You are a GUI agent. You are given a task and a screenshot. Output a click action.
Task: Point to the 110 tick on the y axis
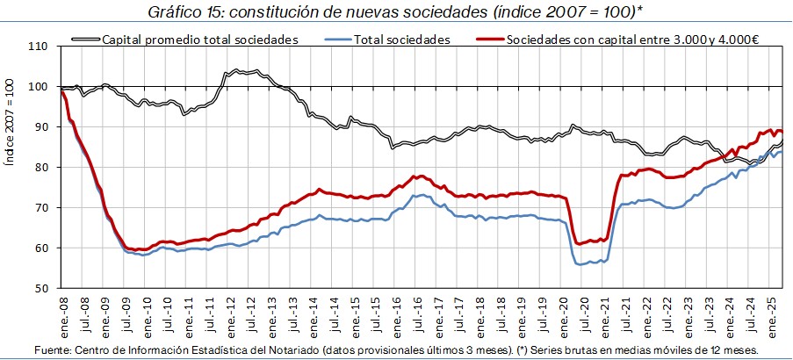(x=38, y=46)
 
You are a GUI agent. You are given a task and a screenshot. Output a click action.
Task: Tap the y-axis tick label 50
(x=41, y=288)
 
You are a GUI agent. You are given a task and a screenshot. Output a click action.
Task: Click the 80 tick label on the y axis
(x=41, y=167)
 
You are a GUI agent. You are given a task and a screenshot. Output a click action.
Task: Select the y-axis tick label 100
(x=38, y=86)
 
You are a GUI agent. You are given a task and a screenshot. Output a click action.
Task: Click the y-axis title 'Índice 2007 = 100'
(x=11, y=167)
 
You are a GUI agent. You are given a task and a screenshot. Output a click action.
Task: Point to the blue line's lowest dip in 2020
(x=580, y=263)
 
